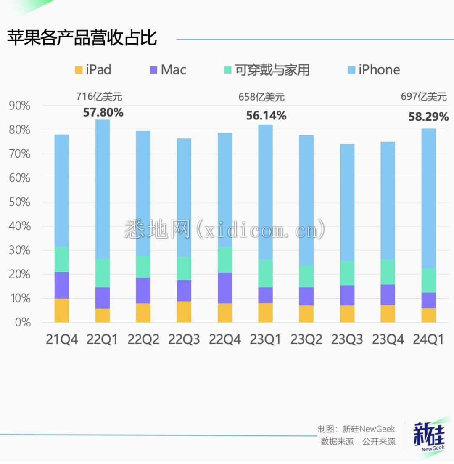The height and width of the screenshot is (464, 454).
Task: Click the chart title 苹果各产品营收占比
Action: pyautogui.click(x=82, y=38)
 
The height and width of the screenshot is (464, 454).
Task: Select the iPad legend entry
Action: pyautogui.click(x=93, y=69)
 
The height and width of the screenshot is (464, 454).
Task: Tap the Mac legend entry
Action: pyautogui.click(x=168, y=69)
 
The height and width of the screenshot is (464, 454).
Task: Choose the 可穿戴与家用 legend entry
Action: pyautogui.click(x=267, y=69)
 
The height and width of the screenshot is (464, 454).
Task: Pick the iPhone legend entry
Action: pyautogui.click(x=374, y=69)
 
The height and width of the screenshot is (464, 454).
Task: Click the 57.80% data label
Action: pyautogui.click(x=103, y=112)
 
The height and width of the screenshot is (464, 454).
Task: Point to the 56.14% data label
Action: pyautogui.click(x=266, y=116)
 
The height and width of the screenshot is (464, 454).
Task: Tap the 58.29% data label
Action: pyautogui.click(x=428, y=117)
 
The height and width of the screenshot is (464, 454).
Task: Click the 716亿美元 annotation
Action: pyautogui.click(x=99, y=97)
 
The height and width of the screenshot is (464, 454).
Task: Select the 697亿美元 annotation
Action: pyautogui.click(x=423, y=97)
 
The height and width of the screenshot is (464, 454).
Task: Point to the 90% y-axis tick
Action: pyautogui.click(x=19, y=106)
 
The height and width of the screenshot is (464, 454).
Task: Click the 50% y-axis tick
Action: pyautogui.click(x=19, y=202)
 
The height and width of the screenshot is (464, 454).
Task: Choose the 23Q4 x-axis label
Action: pyautogui.click(x=388, y=339)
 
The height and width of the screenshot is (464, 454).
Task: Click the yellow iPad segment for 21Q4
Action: pyautogui.click(x=62, y=310)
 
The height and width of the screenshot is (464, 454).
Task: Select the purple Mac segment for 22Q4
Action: pyautogui.click(x=225, y=288)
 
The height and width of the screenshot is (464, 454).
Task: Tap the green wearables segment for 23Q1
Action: pyautogui.click(x=266, y=273)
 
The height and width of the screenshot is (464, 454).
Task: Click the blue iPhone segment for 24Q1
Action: pyautogui.click(x=428, y=198)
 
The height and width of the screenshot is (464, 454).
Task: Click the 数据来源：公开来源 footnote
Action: pyautogui.click(x=358, y=441)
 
